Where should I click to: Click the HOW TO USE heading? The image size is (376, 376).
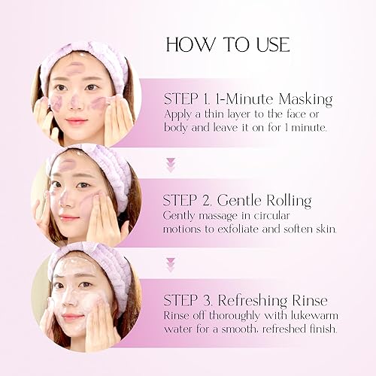227,44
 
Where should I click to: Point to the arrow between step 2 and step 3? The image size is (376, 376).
170,264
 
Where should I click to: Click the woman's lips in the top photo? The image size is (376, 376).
77,120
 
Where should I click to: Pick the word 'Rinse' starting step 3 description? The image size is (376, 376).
178,316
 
